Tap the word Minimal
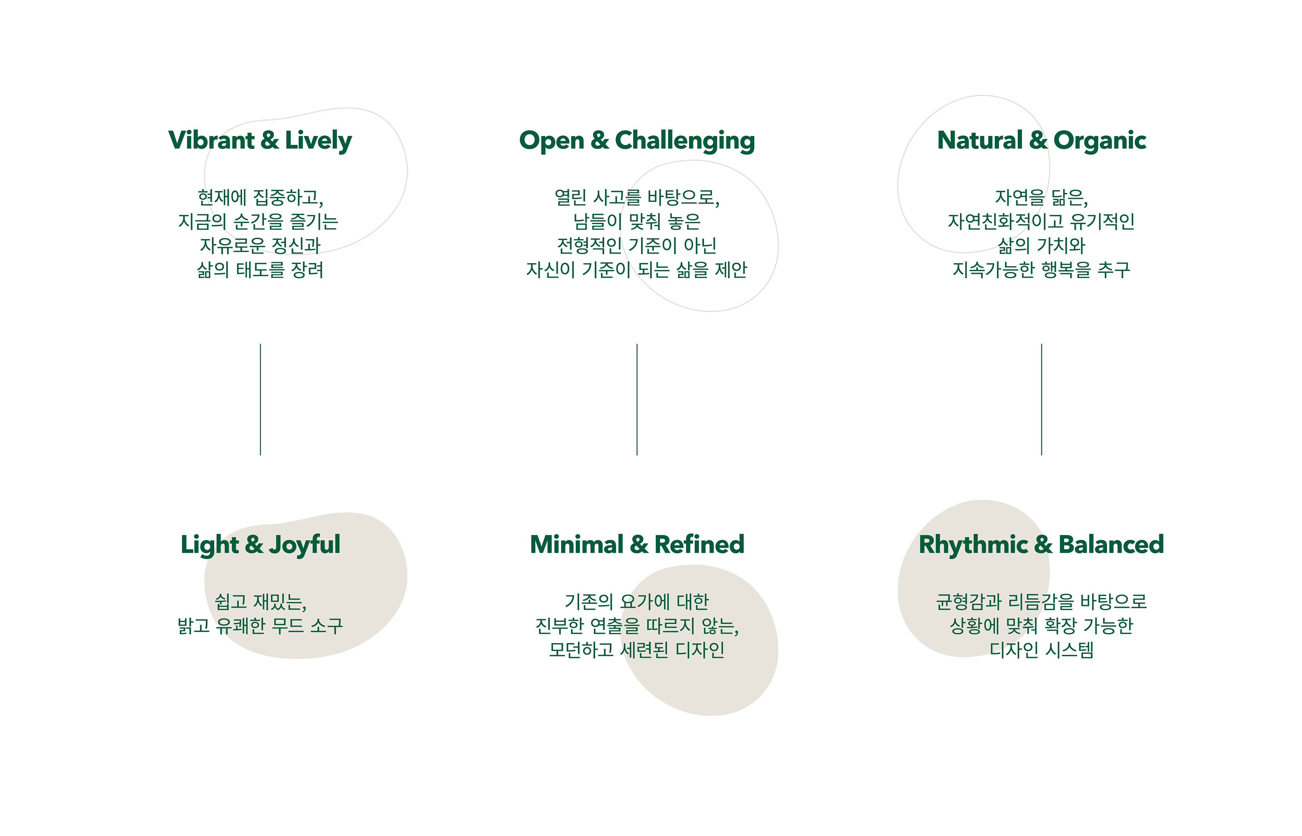coord(577,544)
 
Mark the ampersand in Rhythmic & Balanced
coord(1043,544)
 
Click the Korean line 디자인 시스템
coord(1041,650)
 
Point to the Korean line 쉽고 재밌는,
coord(261,601)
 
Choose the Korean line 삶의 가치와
coord(1041,245)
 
